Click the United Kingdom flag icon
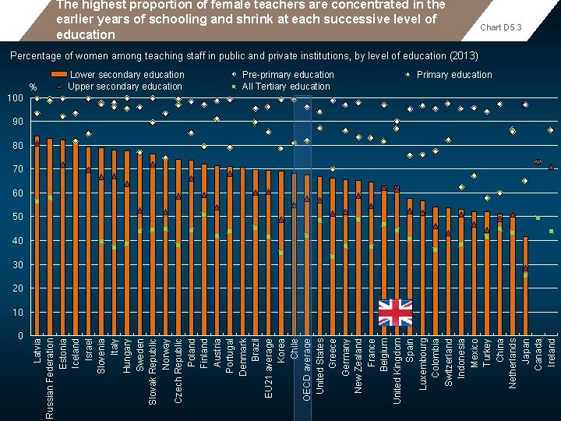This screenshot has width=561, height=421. [395, 313]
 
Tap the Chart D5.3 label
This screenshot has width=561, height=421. [500, 28]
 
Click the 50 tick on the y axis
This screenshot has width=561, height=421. [16, 217]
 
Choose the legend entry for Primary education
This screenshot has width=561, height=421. [453, 75]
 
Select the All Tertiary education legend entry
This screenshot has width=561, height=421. [285, 87]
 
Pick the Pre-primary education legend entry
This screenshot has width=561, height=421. [288, 75]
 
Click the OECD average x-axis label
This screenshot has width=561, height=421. [307, 370]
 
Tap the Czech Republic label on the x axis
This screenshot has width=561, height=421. [178, 370]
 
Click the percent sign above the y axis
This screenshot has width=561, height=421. [33, 87]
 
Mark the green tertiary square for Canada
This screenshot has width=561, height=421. [538, 218]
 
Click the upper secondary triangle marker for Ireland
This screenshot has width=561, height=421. [551, 167]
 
